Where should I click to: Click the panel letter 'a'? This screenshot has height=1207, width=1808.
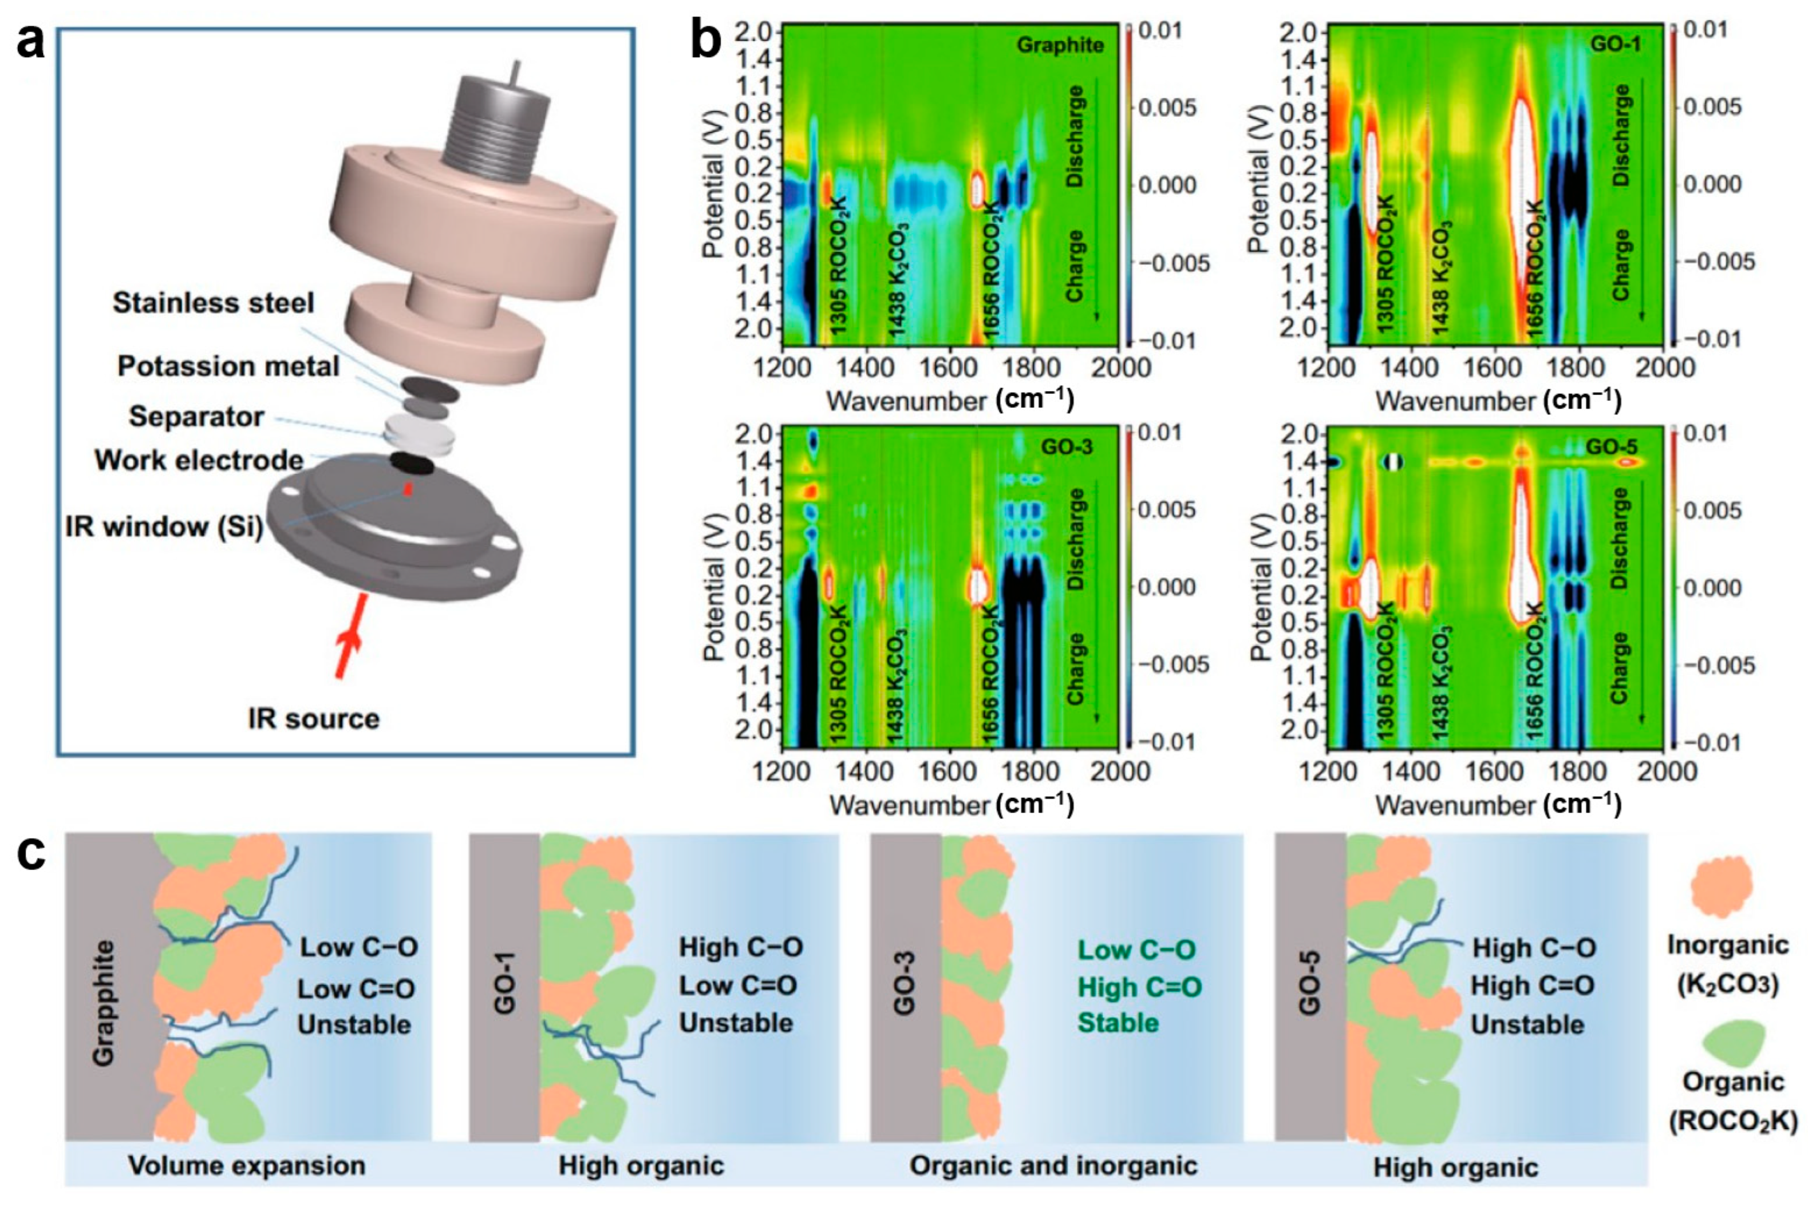coord(31,42)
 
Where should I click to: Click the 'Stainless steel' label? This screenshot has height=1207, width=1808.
coord(214,303)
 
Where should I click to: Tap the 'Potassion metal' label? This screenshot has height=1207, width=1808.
coord(228,366)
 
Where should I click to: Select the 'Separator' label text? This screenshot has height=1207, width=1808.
coord(196,417)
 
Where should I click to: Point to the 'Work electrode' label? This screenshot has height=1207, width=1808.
coord(199,460)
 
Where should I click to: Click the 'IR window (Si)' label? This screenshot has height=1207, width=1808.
coord(164,527)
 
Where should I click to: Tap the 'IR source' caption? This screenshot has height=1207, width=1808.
coord(313,718)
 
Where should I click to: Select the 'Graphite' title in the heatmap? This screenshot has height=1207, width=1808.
coord(1060,45)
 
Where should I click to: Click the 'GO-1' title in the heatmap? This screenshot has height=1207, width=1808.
coord(1614,44)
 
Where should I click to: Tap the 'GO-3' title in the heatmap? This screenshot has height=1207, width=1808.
coord(1067,447)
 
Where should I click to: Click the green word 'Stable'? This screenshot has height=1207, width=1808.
coord(1118,1023)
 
